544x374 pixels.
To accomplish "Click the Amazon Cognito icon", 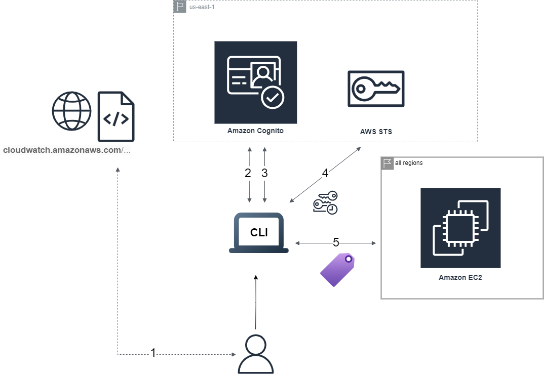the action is click(x=256, y=82).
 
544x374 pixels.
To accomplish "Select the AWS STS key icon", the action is click(x=376, y=89).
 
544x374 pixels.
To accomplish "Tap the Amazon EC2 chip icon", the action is click(x=460, y=228).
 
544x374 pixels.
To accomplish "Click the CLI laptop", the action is click(x=259, y=233).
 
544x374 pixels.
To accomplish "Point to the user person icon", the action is click(x=256, y=354).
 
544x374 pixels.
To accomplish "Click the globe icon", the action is click(x=72, y=111).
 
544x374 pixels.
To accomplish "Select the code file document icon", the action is click(x=116, y=116).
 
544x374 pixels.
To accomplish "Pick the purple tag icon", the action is click(x=337, y=270).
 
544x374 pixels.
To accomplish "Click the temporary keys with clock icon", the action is click(x=325, y=203).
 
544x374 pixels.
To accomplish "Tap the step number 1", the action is click(x=153, y=353).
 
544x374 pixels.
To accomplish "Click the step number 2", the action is click(x=248, y=173).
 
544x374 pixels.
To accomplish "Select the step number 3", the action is click(x=264, y=173).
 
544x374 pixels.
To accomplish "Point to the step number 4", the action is click(x=325, y=173).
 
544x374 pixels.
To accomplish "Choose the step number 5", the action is click(x=336, y=242).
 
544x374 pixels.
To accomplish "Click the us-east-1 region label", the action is click(x=202, y=7).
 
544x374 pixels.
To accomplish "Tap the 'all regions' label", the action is click(x=409, y=163).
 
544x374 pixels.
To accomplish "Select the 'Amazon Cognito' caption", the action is click(x=255, y=131).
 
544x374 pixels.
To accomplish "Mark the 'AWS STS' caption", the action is click(x=376, y=132).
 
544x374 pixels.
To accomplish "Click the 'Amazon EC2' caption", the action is click(x=460, y=277).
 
